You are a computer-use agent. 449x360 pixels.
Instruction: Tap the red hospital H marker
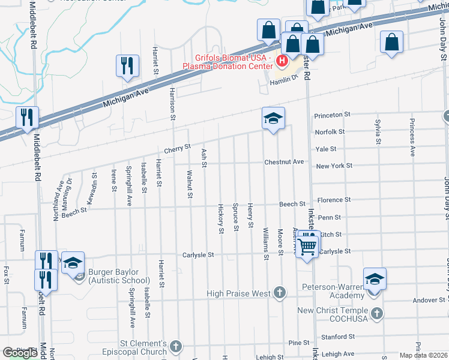click(x=280, y=61)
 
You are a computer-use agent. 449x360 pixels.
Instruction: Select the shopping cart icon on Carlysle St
click(x=307, y=245)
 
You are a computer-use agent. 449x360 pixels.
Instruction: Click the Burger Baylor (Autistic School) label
click(x=119, y=276)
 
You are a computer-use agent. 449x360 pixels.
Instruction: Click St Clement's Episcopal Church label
click(x=137, y=347)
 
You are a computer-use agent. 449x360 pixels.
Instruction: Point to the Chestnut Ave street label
click(x=285, y=162)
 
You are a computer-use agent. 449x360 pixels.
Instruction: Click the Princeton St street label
click(x=332, y=114)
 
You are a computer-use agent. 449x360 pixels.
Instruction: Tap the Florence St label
click(x=334, y=200)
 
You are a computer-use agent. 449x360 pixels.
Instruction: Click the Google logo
click(x=20, y=353)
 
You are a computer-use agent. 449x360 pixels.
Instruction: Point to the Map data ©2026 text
click(x=423, y=355)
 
